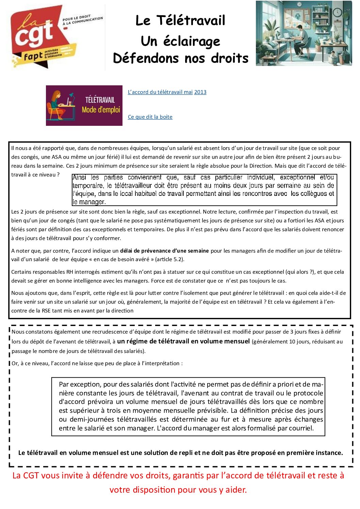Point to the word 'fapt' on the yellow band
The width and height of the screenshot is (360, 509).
coord(33,56)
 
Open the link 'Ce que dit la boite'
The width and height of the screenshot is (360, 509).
coord(150,117)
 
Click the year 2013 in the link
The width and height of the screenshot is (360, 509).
coord(200,92)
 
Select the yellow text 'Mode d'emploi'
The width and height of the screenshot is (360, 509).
coord(101,110)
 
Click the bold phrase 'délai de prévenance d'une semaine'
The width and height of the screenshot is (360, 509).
coord(164,251)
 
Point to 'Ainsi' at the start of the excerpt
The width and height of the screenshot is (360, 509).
coord(79,177)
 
